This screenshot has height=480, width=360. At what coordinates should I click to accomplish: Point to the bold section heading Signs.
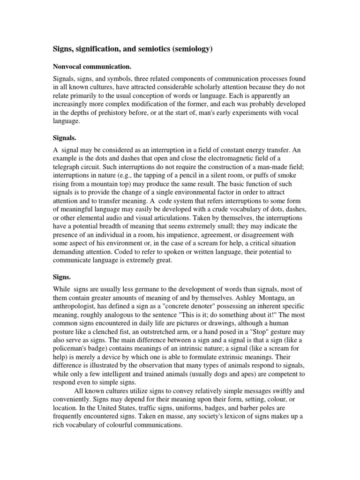60,277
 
